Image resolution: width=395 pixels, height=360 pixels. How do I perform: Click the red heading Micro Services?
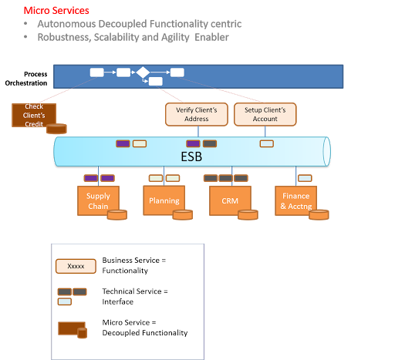pos(56,11)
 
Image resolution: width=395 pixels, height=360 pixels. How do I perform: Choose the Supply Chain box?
pos(97,200)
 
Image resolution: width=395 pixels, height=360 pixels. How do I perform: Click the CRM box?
pos(229,200)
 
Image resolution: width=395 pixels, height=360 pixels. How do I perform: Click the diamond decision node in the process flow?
pos(143,72)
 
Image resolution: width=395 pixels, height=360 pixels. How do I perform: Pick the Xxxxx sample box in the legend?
pos(76,266)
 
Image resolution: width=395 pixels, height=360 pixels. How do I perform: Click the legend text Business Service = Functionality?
pos(134,266)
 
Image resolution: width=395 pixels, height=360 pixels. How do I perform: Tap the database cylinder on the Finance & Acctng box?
pos(318,214)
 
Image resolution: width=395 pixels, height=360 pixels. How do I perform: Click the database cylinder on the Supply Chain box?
pos(116,214)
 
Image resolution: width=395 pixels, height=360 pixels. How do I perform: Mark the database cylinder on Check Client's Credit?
pos(56,129)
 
